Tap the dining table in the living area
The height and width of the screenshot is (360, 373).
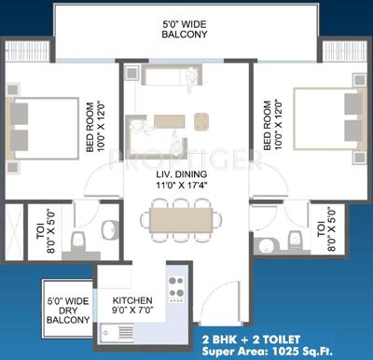click(x=183, y=220)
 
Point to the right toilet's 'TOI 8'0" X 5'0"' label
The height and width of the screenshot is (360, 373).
click(x=328, y=234)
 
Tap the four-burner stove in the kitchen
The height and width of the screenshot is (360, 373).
click(x=174, y=290)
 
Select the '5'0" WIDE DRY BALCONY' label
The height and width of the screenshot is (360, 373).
click(x=68, y=309)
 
